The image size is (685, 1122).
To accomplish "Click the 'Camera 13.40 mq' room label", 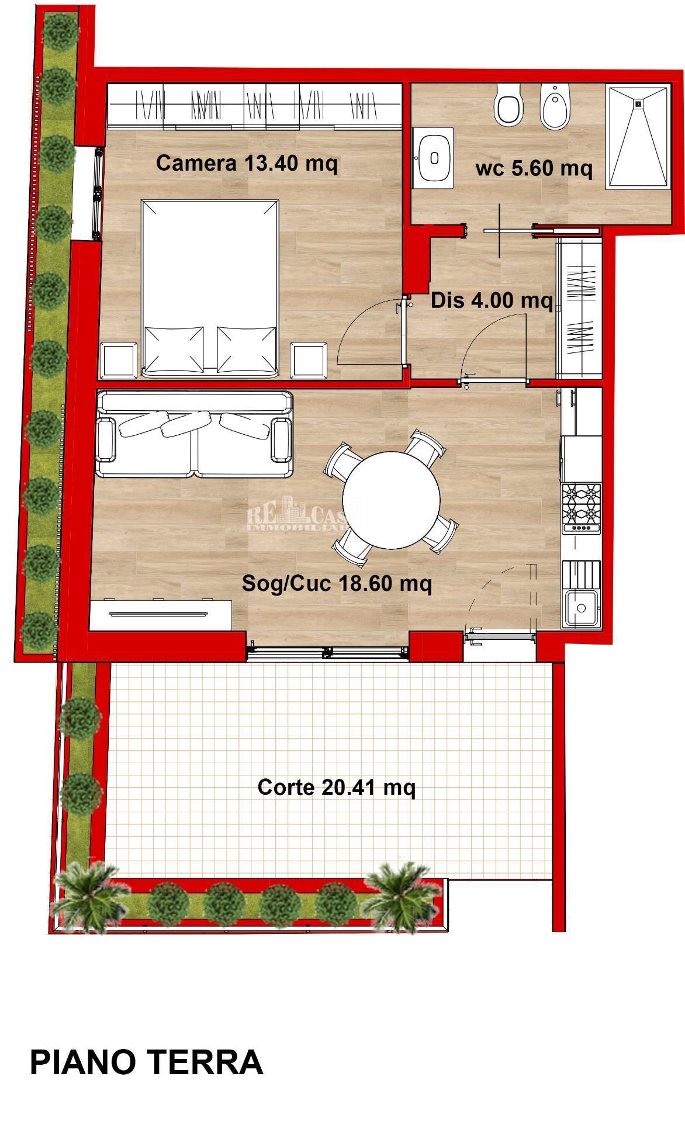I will [247, 163].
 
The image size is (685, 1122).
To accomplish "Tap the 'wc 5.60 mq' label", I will [534, 168].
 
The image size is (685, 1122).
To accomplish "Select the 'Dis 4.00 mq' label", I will [492, 301].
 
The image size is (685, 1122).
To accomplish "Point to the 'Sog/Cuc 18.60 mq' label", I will [337, 583].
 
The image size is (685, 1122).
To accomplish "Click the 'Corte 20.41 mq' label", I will [337, 787].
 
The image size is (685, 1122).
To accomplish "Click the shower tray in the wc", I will [638, 137].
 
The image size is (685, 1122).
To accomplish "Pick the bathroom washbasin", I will [434, 157].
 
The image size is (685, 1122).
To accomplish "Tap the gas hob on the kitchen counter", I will [581, 507].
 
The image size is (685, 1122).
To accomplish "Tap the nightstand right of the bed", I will [308, 359].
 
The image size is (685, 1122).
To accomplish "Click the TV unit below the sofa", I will [160, 613].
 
